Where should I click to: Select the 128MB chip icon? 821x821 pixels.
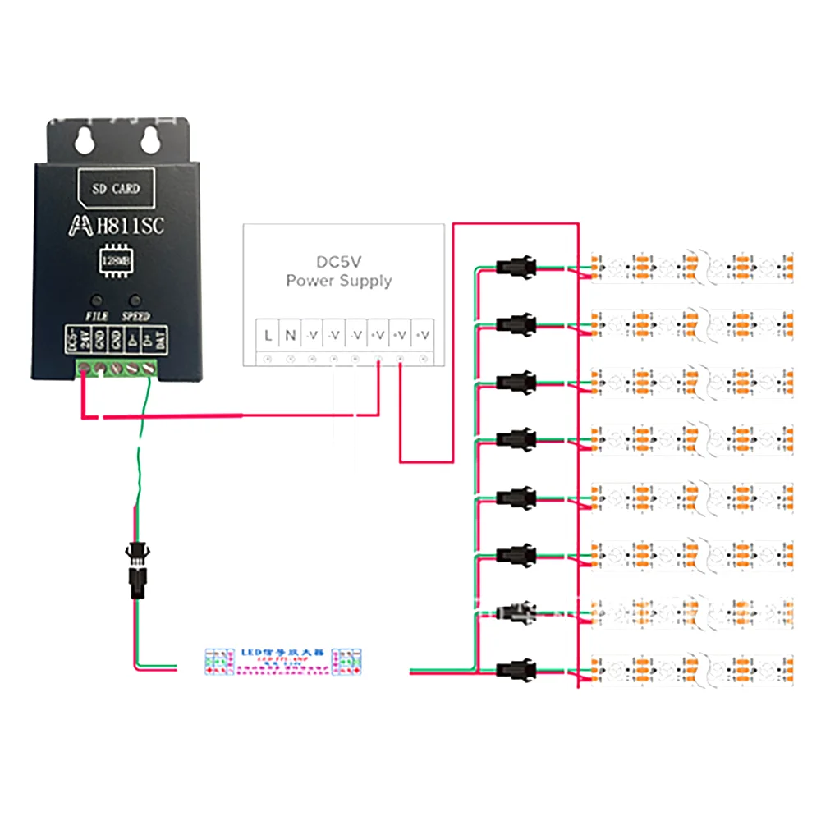coord(115,260)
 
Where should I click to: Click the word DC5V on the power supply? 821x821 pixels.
coord(339,263)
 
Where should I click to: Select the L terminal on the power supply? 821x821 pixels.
coord(268,335)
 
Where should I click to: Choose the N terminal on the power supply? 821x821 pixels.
coord(290,335)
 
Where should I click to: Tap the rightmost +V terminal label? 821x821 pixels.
coord(423,335)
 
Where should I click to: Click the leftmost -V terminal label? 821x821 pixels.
coord(312,335)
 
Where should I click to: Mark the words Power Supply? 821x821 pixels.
coord(339,282)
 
